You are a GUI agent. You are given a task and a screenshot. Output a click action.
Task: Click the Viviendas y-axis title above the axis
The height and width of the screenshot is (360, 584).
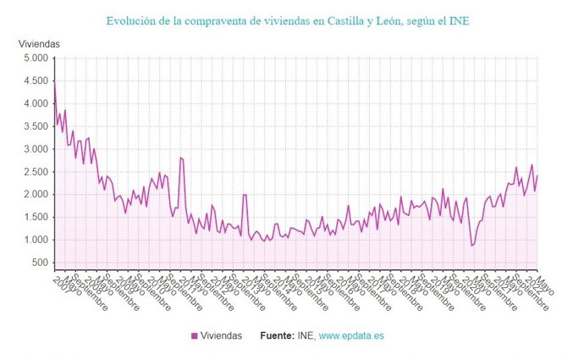(40, 42)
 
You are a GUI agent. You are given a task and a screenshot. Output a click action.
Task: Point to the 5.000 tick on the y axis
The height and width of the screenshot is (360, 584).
(35, 58)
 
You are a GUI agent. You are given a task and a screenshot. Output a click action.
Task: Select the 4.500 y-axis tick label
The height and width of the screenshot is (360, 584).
(35, 81)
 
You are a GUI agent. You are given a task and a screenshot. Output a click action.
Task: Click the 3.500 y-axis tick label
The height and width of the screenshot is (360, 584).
(35, 126)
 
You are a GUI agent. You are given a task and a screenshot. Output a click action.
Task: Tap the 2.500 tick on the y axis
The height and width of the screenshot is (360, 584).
(35, 172)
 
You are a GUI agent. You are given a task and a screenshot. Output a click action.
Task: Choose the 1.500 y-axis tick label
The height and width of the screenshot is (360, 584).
(35, 218)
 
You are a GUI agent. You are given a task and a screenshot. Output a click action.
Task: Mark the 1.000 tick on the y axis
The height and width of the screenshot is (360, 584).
(35, 241)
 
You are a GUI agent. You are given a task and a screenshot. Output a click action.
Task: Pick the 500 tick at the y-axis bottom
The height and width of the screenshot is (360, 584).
(40, 263)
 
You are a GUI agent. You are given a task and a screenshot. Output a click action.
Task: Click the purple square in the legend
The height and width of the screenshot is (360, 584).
(194, 336)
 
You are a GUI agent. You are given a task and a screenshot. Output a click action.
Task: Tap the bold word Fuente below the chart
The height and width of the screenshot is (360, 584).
(280, 336)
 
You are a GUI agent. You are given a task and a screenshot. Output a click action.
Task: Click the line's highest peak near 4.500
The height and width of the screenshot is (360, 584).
(55, 82)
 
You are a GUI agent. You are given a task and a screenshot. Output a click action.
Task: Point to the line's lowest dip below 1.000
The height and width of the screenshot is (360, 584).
(472, 246)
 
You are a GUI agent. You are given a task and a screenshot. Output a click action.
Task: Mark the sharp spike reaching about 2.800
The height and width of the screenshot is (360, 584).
(180, 158)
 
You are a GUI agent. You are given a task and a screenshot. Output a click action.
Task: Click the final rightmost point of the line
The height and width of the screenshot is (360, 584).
(537, 175)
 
